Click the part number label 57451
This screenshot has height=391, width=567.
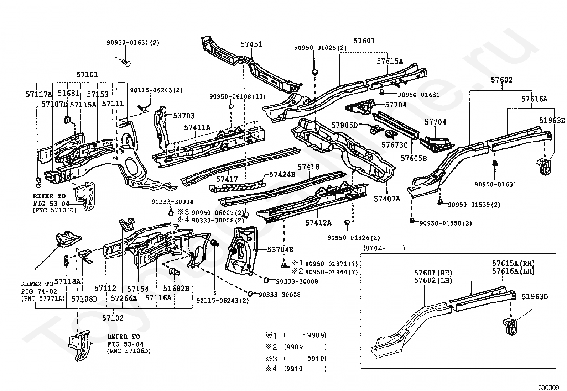click(x=251, y=44)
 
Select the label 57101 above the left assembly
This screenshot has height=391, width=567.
click(x=87, y=75)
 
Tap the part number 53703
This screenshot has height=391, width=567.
click(x=184, y=116)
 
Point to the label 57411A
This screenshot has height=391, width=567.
click(x=197, y=127)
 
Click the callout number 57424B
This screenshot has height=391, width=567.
click(x=282, y=174)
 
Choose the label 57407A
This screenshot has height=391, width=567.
click(x=387, y=199)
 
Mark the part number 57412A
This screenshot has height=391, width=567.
click(x=318, y=223)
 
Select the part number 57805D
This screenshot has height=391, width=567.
click(x=344, y=125)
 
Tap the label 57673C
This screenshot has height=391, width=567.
click(x=394, y=145)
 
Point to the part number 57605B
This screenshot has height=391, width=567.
click(x=413, y=158)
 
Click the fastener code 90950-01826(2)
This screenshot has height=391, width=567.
click(x=354, y=238)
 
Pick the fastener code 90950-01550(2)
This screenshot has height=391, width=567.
click(x=446, y=223)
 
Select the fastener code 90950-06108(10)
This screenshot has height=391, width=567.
click(x=237, y=97)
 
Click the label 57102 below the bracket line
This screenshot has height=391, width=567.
click(x=113, y=318)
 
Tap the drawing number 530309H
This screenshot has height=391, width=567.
click(x=551, y=387)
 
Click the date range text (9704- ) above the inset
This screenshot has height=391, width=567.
click(x=384, y=249)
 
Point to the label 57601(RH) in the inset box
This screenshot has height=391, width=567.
click(x=433, y=273)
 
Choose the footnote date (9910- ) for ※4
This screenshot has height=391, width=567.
click(x=305, y=369)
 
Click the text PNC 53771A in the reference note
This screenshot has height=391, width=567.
click(x=43, y=298)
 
